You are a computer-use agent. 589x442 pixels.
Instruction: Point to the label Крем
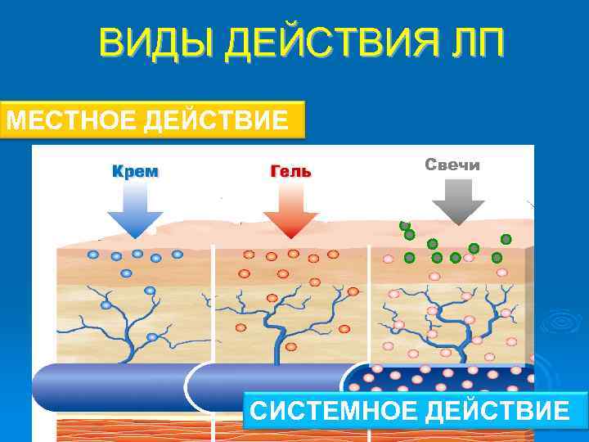pos(135,172)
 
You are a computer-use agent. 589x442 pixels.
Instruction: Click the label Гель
pos(290,172)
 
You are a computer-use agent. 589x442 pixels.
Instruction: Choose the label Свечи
pos(452,165)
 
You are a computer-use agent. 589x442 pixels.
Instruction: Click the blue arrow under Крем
pos(135,210)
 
